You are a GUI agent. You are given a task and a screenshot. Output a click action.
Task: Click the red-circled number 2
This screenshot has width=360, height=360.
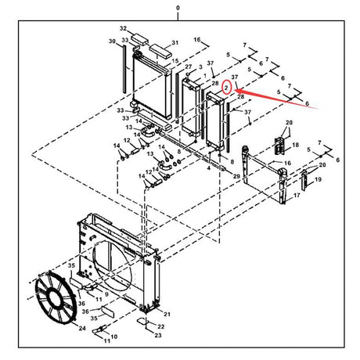tap(226, 88)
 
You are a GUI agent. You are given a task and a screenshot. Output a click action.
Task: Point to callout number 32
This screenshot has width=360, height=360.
tap(122, 28)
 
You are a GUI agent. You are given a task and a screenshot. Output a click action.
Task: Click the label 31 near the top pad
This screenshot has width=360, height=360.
tap(175, 42)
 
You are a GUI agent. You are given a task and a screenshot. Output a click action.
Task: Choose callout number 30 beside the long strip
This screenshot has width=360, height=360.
tap(112, 41)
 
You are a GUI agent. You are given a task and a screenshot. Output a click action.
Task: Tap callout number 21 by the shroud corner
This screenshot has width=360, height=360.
tap(166, 313)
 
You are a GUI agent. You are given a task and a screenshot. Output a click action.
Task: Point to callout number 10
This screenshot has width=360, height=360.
tap(113, 337)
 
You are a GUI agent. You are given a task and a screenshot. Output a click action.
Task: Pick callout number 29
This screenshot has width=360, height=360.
tap(236, 178)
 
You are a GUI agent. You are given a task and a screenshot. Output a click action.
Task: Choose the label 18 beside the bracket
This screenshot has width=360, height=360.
tap(296, 146)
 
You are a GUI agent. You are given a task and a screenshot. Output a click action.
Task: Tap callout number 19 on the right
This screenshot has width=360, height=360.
tap(317, 180)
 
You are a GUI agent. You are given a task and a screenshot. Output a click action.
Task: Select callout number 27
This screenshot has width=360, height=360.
tap(188, 68)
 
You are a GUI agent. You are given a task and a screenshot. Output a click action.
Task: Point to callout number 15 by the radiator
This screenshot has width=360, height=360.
tap(177, 61)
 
